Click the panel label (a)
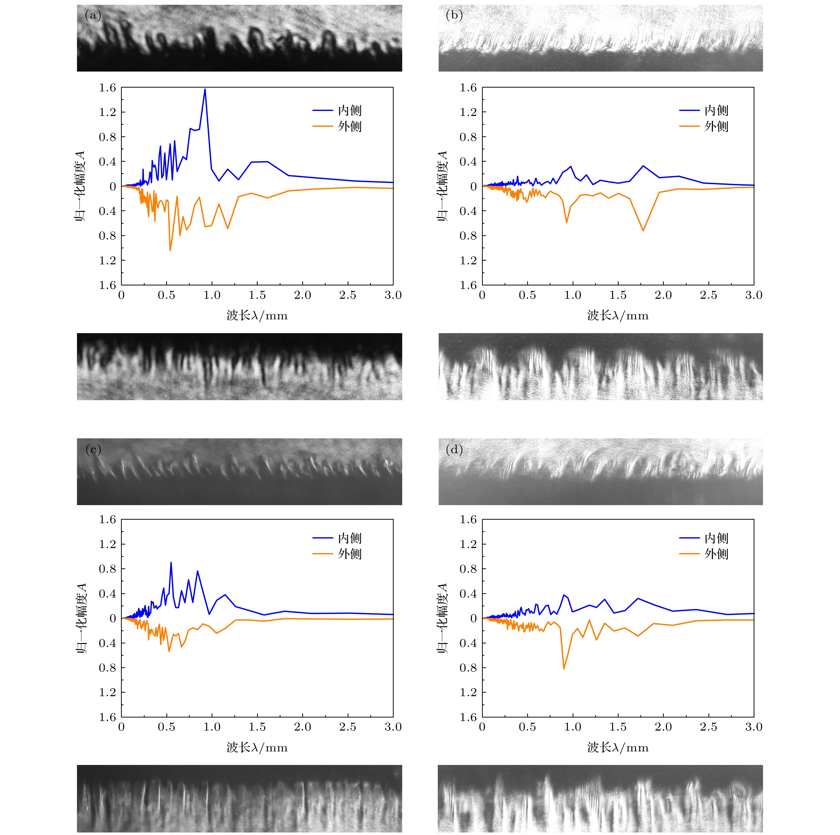(93, 16)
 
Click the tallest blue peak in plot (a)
(205, 89)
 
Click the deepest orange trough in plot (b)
(643, 230)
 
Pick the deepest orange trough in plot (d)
(564, 669)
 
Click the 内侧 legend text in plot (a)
(349, 110)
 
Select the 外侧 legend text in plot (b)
(716, 127)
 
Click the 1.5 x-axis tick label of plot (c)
(257, 727)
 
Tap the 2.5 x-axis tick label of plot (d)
(708, 727)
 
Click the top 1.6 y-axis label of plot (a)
(107, 88)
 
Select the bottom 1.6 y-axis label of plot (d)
(468, 717)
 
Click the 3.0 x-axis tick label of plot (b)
(753, 295)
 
